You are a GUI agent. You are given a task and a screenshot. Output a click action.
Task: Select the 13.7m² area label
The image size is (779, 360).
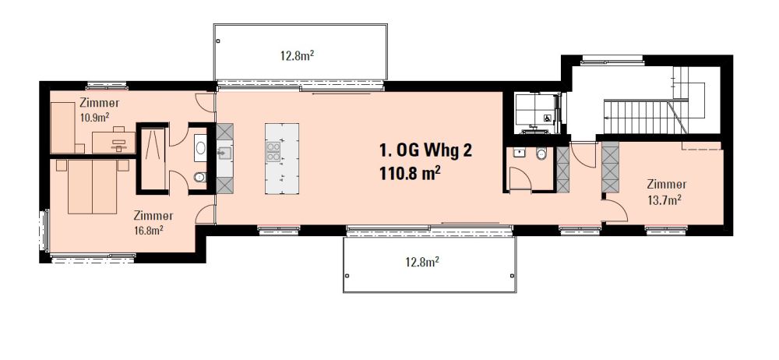point(666,199)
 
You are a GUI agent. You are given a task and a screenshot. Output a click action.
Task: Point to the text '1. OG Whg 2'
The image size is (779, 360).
point(425,150)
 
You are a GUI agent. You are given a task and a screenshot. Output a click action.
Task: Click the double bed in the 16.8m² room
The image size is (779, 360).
point(92,186)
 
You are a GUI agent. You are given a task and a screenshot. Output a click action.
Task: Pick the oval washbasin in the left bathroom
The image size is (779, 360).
point(199,147)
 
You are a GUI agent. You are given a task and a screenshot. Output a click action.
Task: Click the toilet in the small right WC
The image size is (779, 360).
point(541,155)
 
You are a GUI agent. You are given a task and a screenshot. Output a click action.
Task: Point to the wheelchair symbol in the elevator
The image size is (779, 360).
point(548,118)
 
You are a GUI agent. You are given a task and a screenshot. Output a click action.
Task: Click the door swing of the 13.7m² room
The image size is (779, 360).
point(616,206)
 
